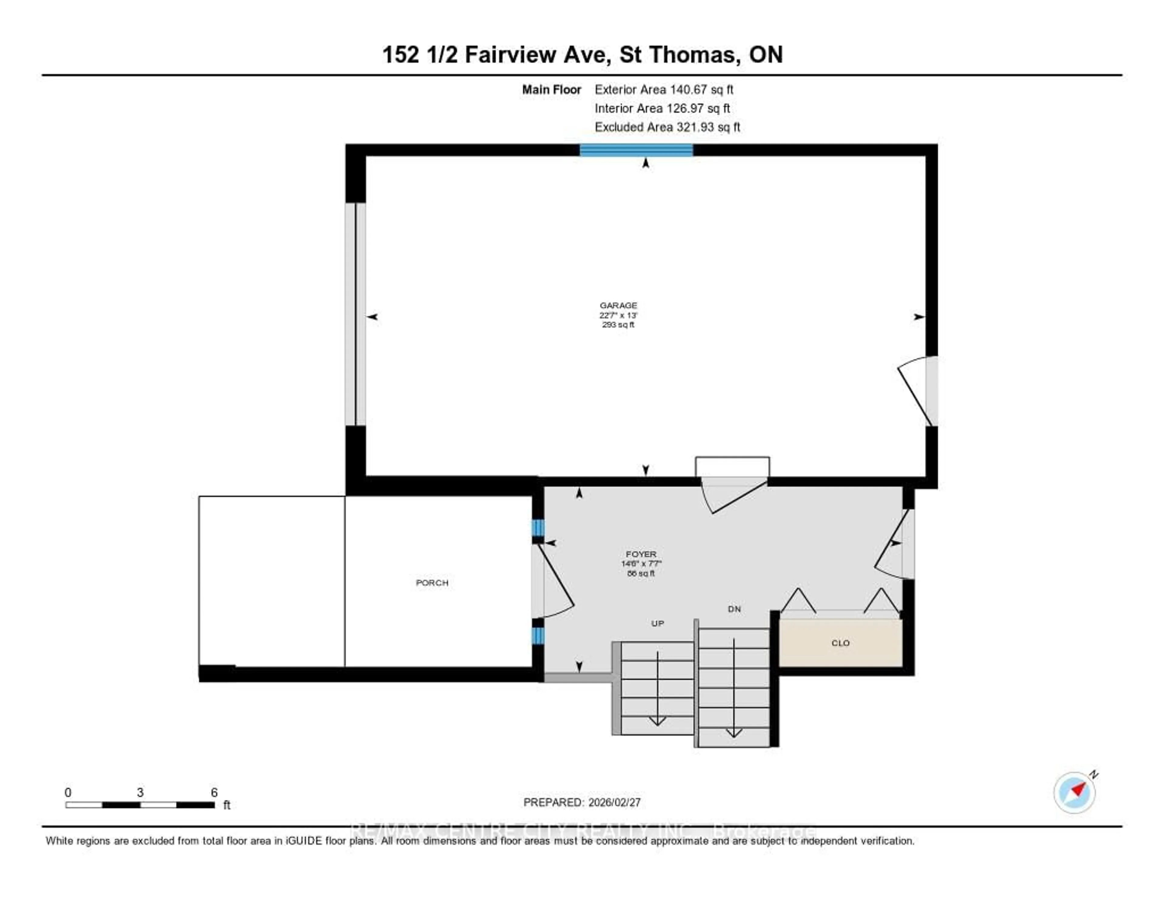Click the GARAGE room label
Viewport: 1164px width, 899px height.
[x=618, y=305]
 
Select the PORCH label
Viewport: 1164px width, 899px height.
[x=432, y=583]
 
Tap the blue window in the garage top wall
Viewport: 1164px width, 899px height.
[x=636, y=150]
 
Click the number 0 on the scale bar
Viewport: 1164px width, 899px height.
[x=68, y=792]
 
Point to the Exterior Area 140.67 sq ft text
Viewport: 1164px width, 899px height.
[x=664, y=89]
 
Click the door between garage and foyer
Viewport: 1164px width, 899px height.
[x=733, y=493]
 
